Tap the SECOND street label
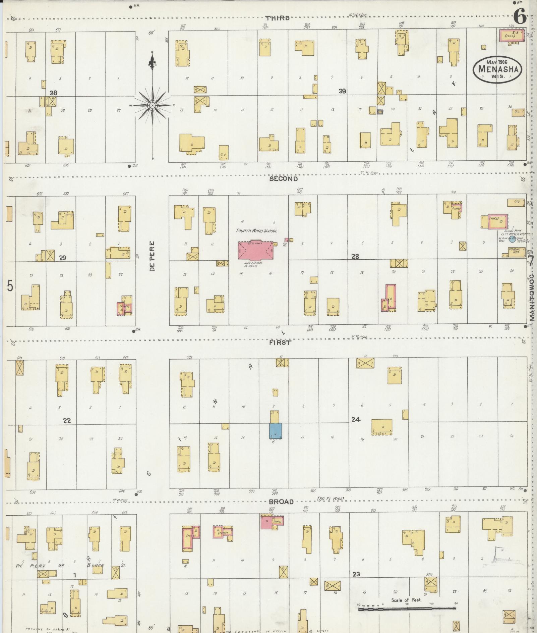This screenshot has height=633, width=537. (283, 179)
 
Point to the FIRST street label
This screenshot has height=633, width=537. (280, 343)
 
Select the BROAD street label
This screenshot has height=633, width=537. (281, 502)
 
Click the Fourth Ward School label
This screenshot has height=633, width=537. (256, 231)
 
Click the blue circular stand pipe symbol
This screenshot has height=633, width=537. (512, 239)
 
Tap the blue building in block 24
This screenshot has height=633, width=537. (276, 431)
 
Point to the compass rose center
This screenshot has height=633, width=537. (153, 105)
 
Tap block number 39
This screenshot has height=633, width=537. (342, 91)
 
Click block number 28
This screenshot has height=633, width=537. (355, 256)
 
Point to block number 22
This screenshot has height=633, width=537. (67, 420)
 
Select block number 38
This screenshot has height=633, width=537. (53, 93)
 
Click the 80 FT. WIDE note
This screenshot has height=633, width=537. (331, 499)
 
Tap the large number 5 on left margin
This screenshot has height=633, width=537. (10, 286)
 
